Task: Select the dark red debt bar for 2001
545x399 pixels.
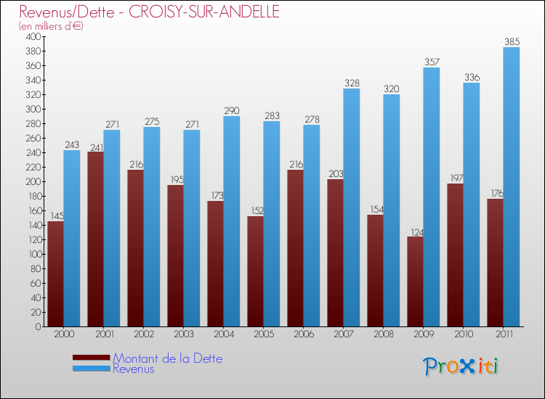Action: pyautogui.click(x=95, y=239)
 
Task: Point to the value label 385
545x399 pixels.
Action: pyautogui.click(x=512, y=41)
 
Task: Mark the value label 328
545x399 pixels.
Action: pyautogui.click(x=352, y=83)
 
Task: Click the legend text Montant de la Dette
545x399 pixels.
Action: pyautogui.click(x=167, y=358)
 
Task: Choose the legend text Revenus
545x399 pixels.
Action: pyautogui.click(x=134, y=369)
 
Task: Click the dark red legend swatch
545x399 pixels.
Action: pyautogui.click(x=92, y=358)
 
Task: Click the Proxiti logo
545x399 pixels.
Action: pyautogui.click(x=461, y=366)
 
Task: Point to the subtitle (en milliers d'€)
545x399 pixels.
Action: pyautogui.click(x=52, y=26)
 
